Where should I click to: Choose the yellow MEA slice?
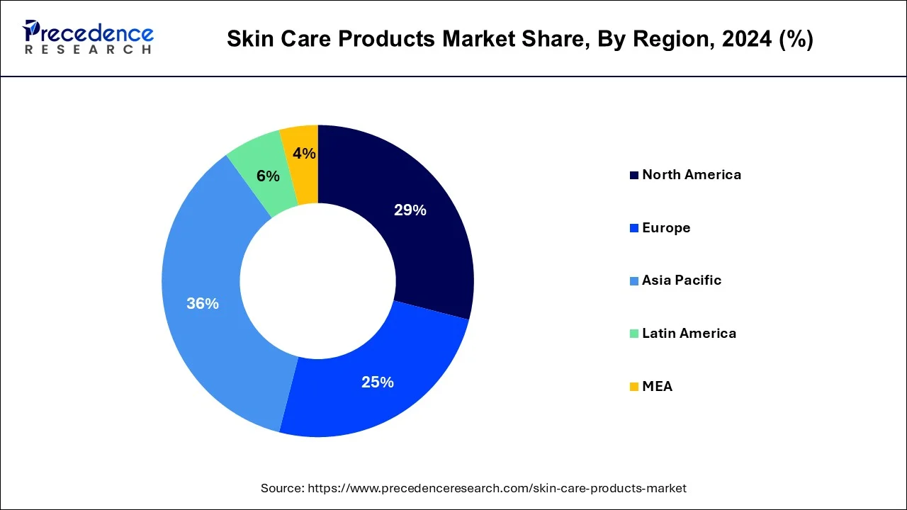[301, 170]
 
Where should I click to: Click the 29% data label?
[410, 210]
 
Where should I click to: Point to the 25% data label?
[377, 382]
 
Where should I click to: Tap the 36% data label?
[203, 303]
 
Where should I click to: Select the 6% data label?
[268, 176]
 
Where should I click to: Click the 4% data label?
[304, 153]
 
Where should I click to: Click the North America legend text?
[692, 174]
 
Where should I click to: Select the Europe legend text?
[666, 227]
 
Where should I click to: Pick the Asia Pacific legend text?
[682, 280]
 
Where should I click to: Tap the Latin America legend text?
[689, 333]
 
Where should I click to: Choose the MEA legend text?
[657, 386]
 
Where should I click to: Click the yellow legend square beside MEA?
[633, 387]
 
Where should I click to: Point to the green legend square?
[633, 334]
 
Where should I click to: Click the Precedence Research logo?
[88, 38]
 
